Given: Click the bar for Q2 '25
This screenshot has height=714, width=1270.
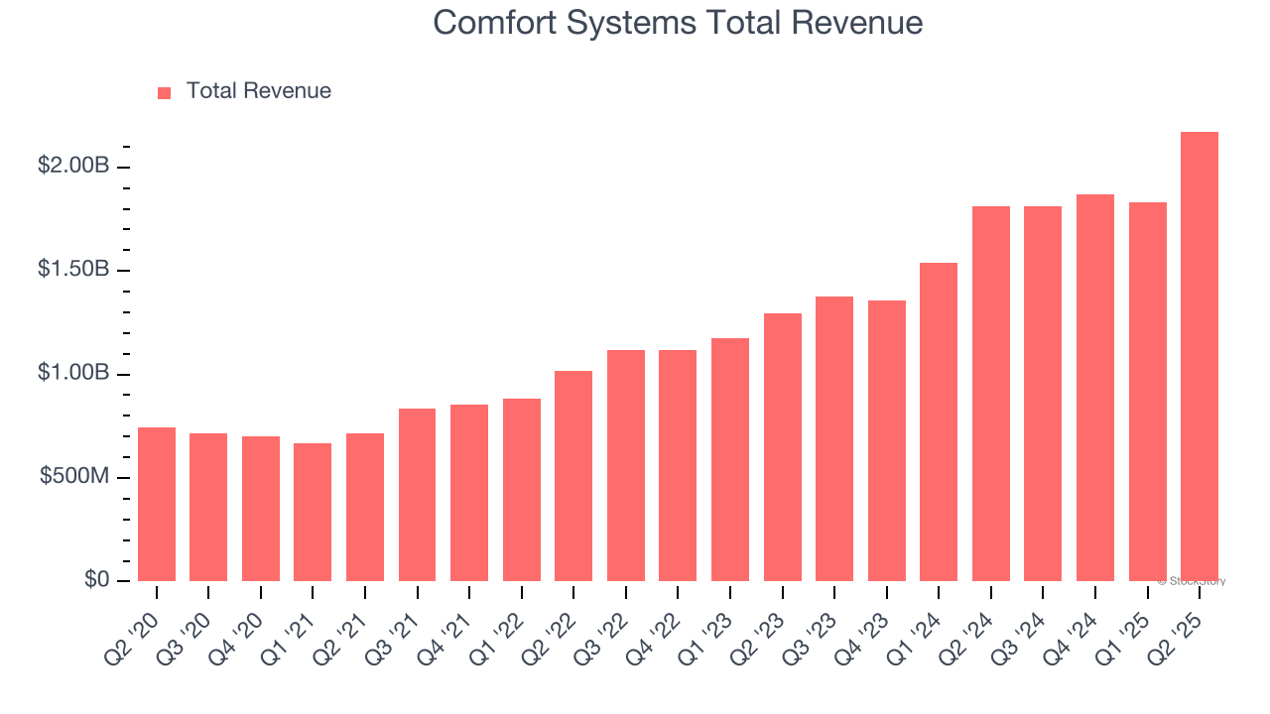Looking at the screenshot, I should pyautogui.click(x=1200, y=357).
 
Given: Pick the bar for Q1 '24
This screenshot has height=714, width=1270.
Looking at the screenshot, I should pyautogui.click(x=939, y=421).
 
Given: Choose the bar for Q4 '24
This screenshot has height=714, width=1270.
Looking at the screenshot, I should pyautogui.click(x=1095, y=388).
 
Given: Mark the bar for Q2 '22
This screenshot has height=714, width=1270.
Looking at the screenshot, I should pyautogui.click(x=573, y=476).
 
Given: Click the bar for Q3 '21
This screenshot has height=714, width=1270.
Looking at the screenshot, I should pyautogui.click(x=417, y=495).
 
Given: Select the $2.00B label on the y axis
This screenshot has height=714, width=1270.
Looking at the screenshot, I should pyautogui.click(x=73, y=166).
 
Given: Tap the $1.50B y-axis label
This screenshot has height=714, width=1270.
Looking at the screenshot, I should pyautogui.click(x=73, y=270).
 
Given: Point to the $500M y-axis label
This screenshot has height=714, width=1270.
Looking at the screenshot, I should pyautogui.click(x=74, y=477).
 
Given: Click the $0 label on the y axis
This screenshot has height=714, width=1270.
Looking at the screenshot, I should pyautogui.click(x=96, y=580).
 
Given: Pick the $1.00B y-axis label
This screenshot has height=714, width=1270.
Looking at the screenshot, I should pyautogui.click(x=73, y=374).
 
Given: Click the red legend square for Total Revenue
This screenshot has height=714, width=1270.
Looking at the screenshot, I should pyautogui.click(x=165, y=93).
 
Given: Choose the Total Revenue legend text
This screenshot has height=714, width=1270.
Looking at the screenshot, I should pyautogui.click(x=259, y=91).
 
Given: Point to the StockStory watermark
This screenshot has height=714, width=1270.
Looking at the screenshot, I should pyautogui.click(x=1192, y=581).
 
